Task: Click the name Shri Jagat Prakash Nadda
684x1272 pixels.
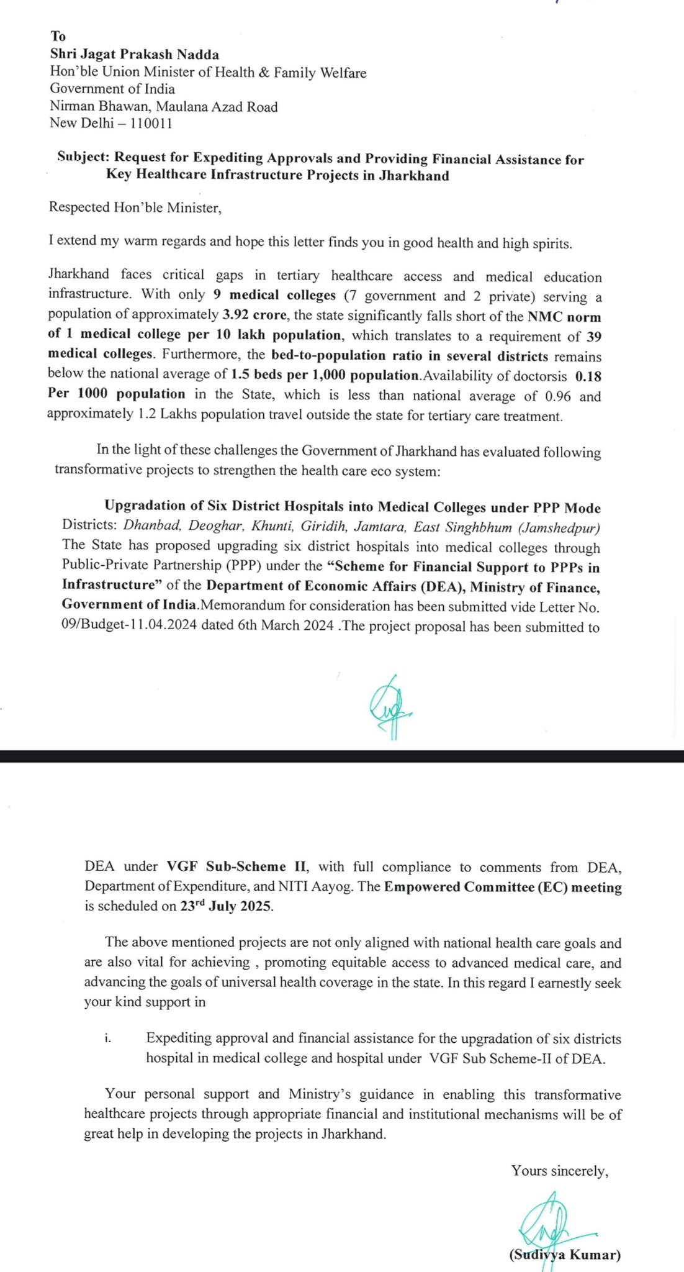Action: tap(135, 54)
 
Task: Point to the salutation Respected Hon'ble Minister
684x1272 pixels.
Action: tap(135, 207)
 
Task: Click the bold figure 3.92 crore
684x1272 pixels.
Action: tap(254, 316)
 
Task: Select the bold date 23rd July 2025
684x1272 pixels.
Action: tap(226, 906)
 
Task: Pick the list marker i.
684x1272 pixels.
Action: tap(108, 1038)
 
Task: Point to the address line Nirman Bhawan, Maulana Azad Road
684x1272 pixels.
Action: tap(164, 106)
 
